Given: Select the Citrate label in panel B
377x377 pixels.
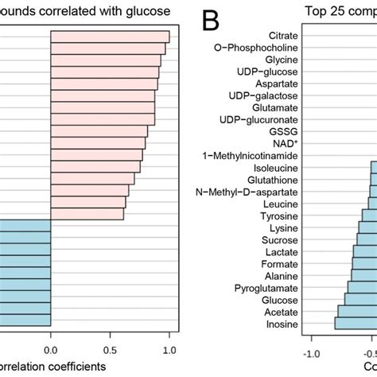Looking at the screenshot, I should coord(283,36).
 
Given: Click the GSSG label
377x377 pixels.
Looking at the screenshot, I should coord(286,131).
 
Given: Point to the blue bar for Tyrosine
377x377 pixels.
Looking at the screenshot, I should coord(369,216).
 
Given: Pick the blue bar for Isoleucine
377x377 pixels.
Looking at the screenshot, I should coord(372,167).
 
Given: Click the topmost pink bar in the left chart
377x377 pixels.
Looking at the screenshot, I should coord(110,37).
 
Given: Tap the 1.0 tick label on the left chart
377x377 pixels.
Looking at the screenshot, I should coord(169,348).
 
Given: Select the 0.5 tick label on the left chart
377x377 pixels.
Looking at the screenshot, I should coord(110,348).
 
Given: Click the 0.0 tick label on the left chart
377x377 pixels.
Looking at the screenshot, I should coord(51,348).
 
